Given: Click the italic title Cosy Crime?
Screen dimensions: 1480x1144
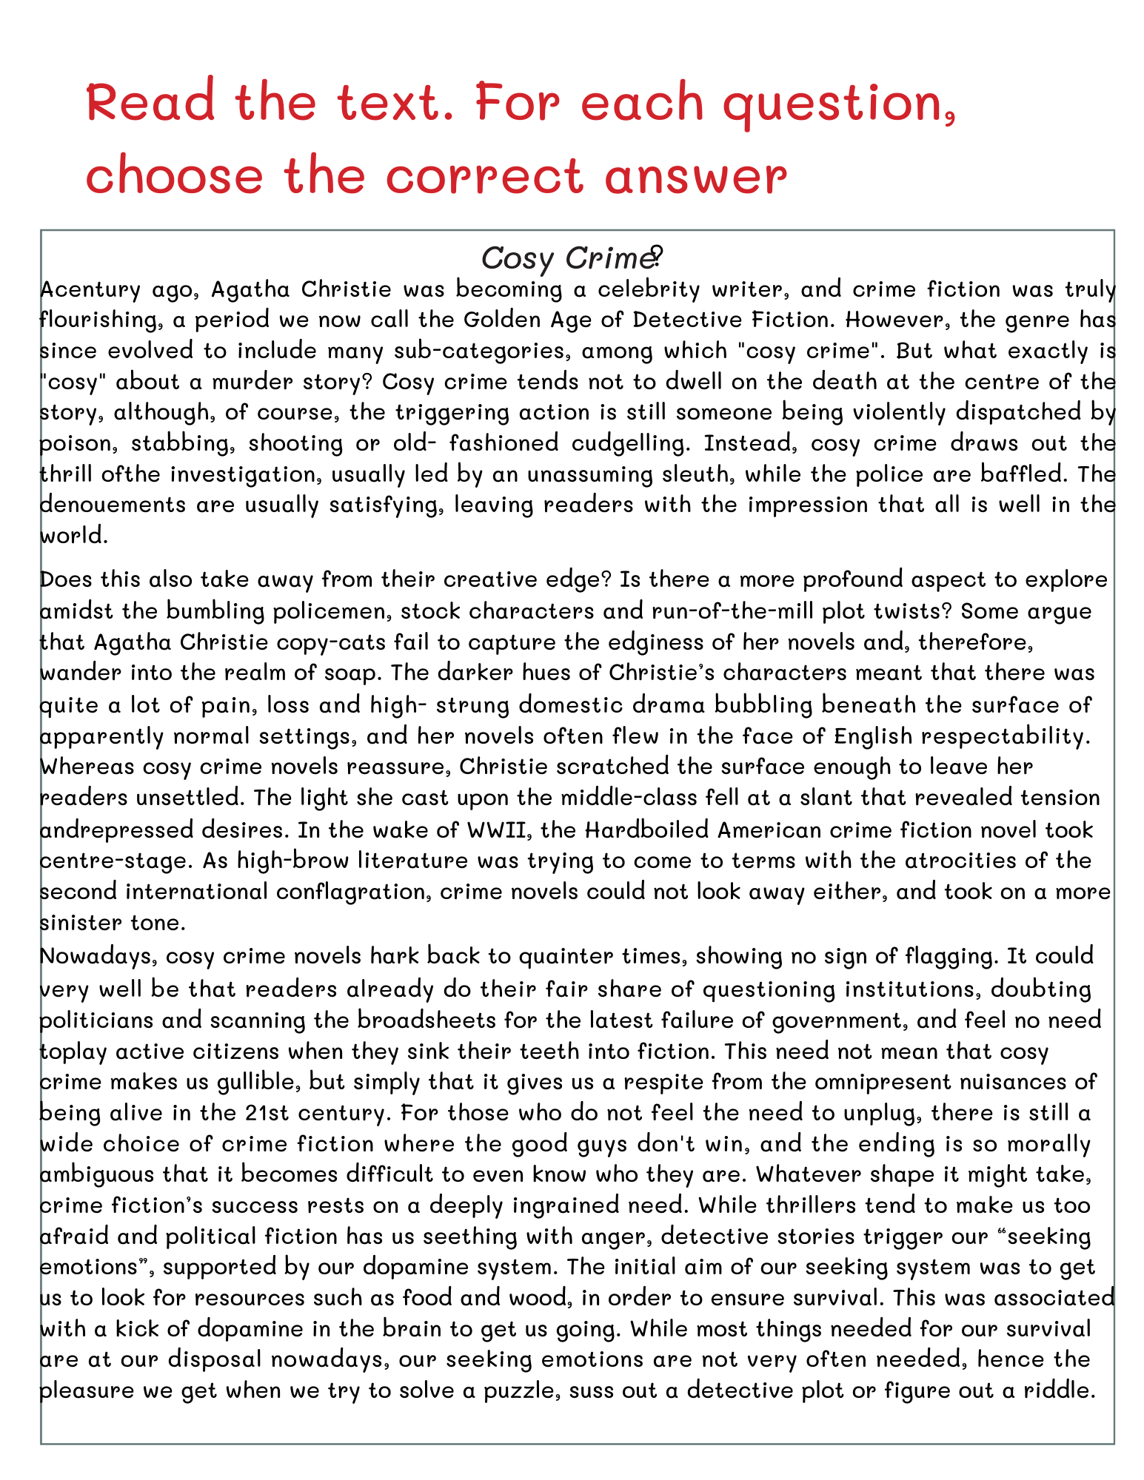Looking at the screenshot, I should click(x=571, y=259).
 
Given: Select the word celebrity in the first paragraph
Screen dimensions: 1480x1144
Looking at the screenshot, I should click(x=636, y=289).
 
